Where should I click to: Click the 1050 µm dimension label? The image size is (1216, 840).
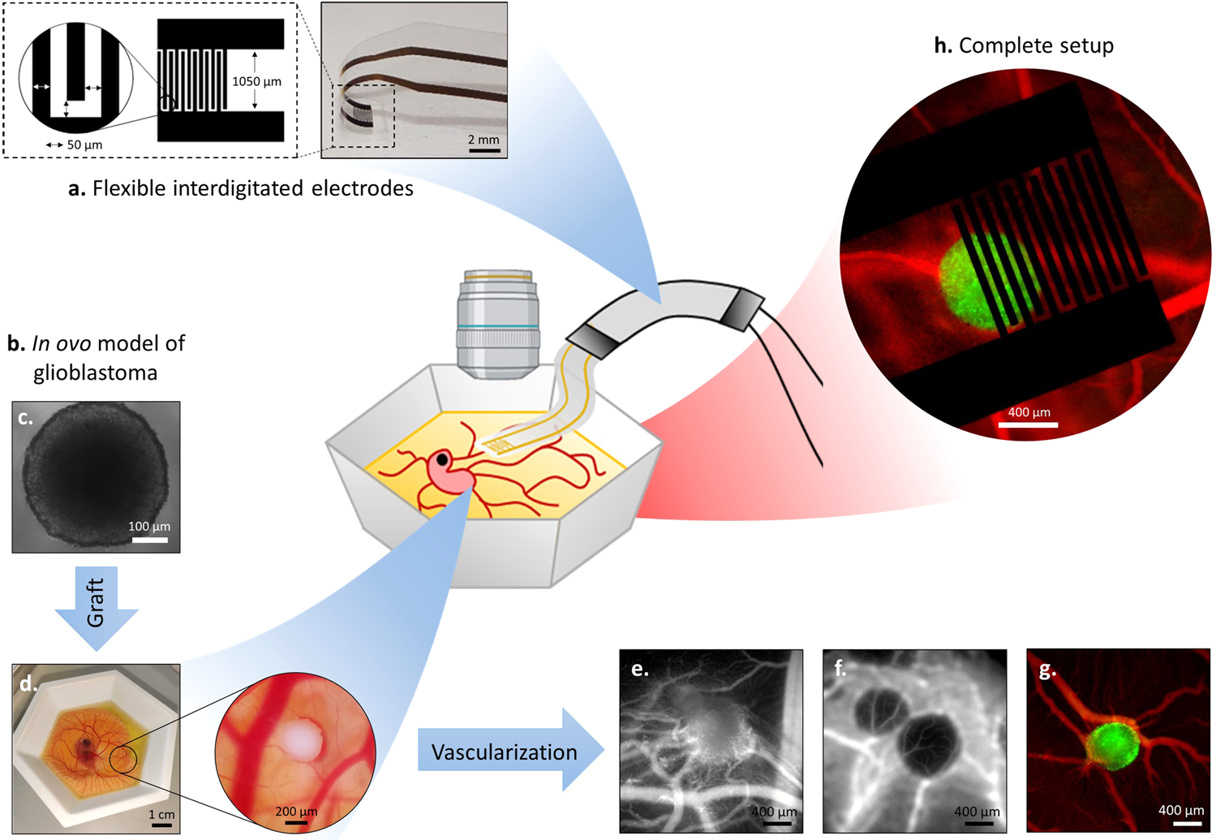(x=256, y=81)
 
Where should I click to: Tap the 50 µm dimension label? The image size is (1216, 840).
(x=84, y=145)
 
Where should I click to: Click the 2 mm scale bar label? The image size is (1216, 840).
(x=483, y=140)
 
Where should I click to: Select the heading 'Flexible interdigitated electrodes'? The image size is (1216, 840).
(x=252, y=188)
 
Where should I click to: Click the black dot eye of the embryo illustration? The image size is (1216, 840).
(x=442, y=460)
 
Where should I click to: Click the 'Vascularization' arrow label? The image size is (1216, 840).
(x=504, y=752)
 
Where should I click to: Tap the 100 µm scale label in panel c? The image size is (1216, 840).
(x=149, y=526)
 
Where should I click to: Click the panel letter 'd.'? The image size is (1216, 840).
(x=28, y=684)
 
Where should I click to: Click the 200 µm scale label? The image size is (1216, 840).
(x=296, y=812)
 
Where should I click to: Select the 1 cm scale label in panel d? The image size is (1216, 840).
(x=161, y=814)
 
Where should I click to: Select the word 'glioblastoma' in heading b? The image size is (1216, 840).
(x=96, y=373)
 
